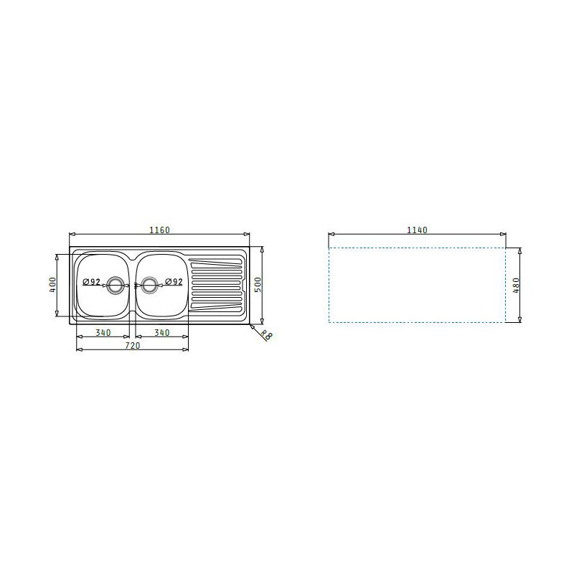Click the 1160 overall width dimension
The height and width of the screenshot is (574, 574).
[x=159, y=230]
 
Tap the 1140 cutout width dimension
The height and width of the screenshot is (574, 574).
[x=417, y=230]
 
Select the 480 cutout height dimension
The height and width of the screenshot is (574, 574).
[x=515, y=285]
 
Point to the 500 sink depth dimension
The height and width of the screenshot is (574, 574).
[x=258, y=284]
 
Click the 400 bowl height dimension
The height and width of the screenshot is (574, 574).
[x=52, y=284]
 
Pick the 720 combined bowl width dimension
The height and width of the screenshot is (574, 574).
[x=133, y=345]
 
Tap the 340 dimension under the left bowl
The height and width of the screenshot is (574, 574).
[x=103, y=332]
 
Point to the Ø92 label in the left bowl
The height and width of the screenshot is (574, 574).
[x=91, y=281]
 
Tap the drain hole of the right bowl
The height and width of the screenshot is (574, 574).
[x=149, y=285]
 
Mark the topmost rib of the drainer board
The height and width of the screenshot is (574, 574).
[x=215, y=259]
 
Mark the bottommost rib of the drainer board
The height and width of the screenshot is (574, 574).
[x=215, y=310]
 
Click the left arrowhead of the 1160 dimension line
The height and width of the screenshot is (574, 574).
[x=71, y=235]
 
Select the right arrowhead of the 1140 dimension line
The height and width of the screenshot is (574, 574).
[x=504, y=235]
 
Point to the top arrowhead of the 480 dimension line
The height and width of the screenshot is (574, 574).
[x=520, y=250]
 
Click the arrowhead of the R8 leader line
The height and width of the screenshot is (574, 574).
[x=251, y=324]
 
